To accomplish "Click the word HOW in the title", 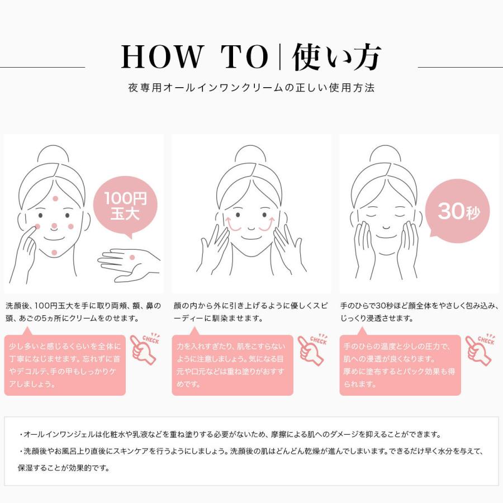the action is (162, 57).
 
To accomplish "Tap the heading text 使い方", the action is (336, 57).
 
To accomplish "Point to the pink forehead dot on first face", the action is (55, 198).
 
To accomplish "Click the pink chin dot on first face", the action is (54, 253).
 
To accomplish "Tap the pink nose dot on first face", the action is (54, 226).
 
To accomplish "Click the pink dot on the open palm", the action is (132, 257).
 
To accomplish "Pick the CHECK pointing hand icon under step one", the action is (145, 349).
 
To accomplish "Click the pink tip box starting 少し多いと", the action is (65, 365).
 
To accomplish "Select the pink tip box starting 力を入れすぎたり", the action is (232, 365).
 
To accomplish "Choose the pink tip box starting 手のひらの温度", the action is (400, 365).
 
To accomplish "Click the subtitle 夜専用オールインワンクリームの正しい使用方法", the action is (251, 88).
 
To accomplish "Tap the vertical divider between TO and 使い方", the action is (280, 57).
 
